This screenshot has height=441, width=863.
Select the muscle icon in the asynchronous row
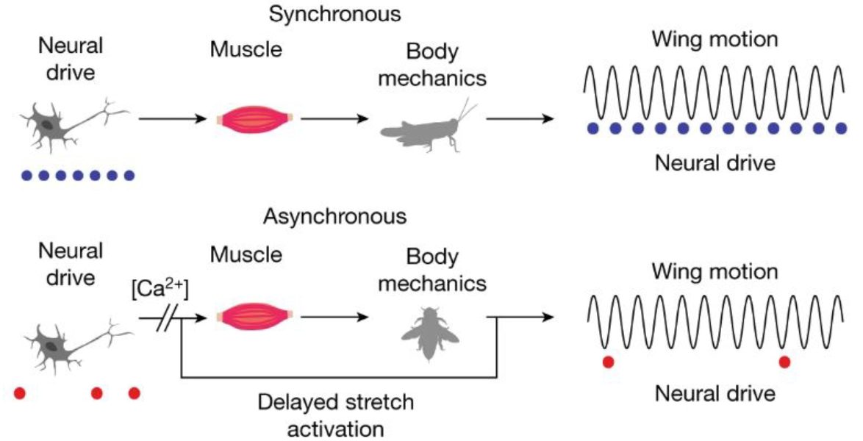coord(256,318)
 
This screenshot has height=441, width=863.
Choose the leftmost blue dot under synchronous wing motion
coord(593,129)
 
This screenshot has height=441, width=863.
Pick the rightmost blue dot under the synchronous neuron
coord(129,176)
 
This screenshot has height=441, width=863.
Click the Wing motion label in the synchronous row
coord(714,40)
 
